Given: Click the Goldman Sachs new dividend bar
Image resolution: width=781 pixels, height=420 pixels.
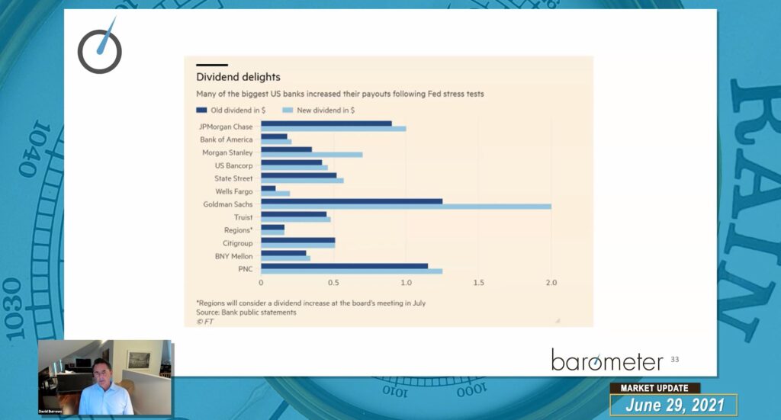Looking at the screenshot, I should [x=406, y=207].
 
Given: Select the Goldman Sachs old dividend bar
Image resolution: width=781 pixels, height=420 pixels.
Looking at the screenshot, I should [x=352, y=201].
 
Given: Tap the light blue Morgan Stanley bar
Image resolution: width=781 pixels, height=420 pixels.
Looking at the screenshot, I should [x=312, y=155].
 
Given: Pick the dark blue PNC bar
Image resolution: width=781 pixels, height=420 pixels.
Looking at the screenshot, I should [x=344, y=265].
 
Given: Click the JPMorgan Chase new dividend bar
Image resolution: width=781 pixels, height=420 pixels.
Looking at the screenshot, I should [x=333, y=129].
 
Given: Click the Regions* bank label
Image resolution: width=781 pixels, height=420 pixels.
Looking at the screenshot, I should [x=236, y=230].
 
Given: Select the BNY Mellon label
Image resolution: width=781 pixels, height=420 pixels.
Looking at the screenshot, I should [x=232, y=256].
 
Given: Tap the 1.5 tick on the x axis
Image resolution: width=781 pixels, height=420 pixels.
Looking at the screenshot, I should [x=478, y=283].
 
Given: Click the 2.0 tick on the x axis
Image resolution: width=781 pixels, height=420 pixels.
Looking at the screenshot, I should [x=551, y=283].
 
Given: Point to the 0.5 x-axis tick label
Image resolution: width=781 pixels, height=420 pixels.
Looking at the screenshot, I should [x=333, y=283].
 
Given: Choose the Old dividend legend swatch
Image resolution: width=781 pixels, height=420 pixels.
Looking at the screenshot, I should [x=201, y=111].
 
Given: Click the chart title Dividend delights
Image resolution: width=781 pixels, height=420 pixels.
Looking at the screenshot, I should [x=238, y=77].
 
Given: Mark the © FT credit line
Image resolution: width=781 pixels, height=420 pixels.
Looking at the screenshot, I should [x=204, y=322].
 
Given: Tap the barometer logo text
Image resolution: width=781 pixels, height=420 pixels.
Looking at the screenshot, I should [x=607, y=360].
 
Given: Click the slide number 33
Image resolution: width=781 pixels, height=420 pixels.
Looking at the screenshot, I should [x=674, y=359].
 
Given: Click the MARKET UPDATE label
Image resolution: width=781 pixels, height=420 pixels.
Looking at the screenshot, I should [x=655, y=388].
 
